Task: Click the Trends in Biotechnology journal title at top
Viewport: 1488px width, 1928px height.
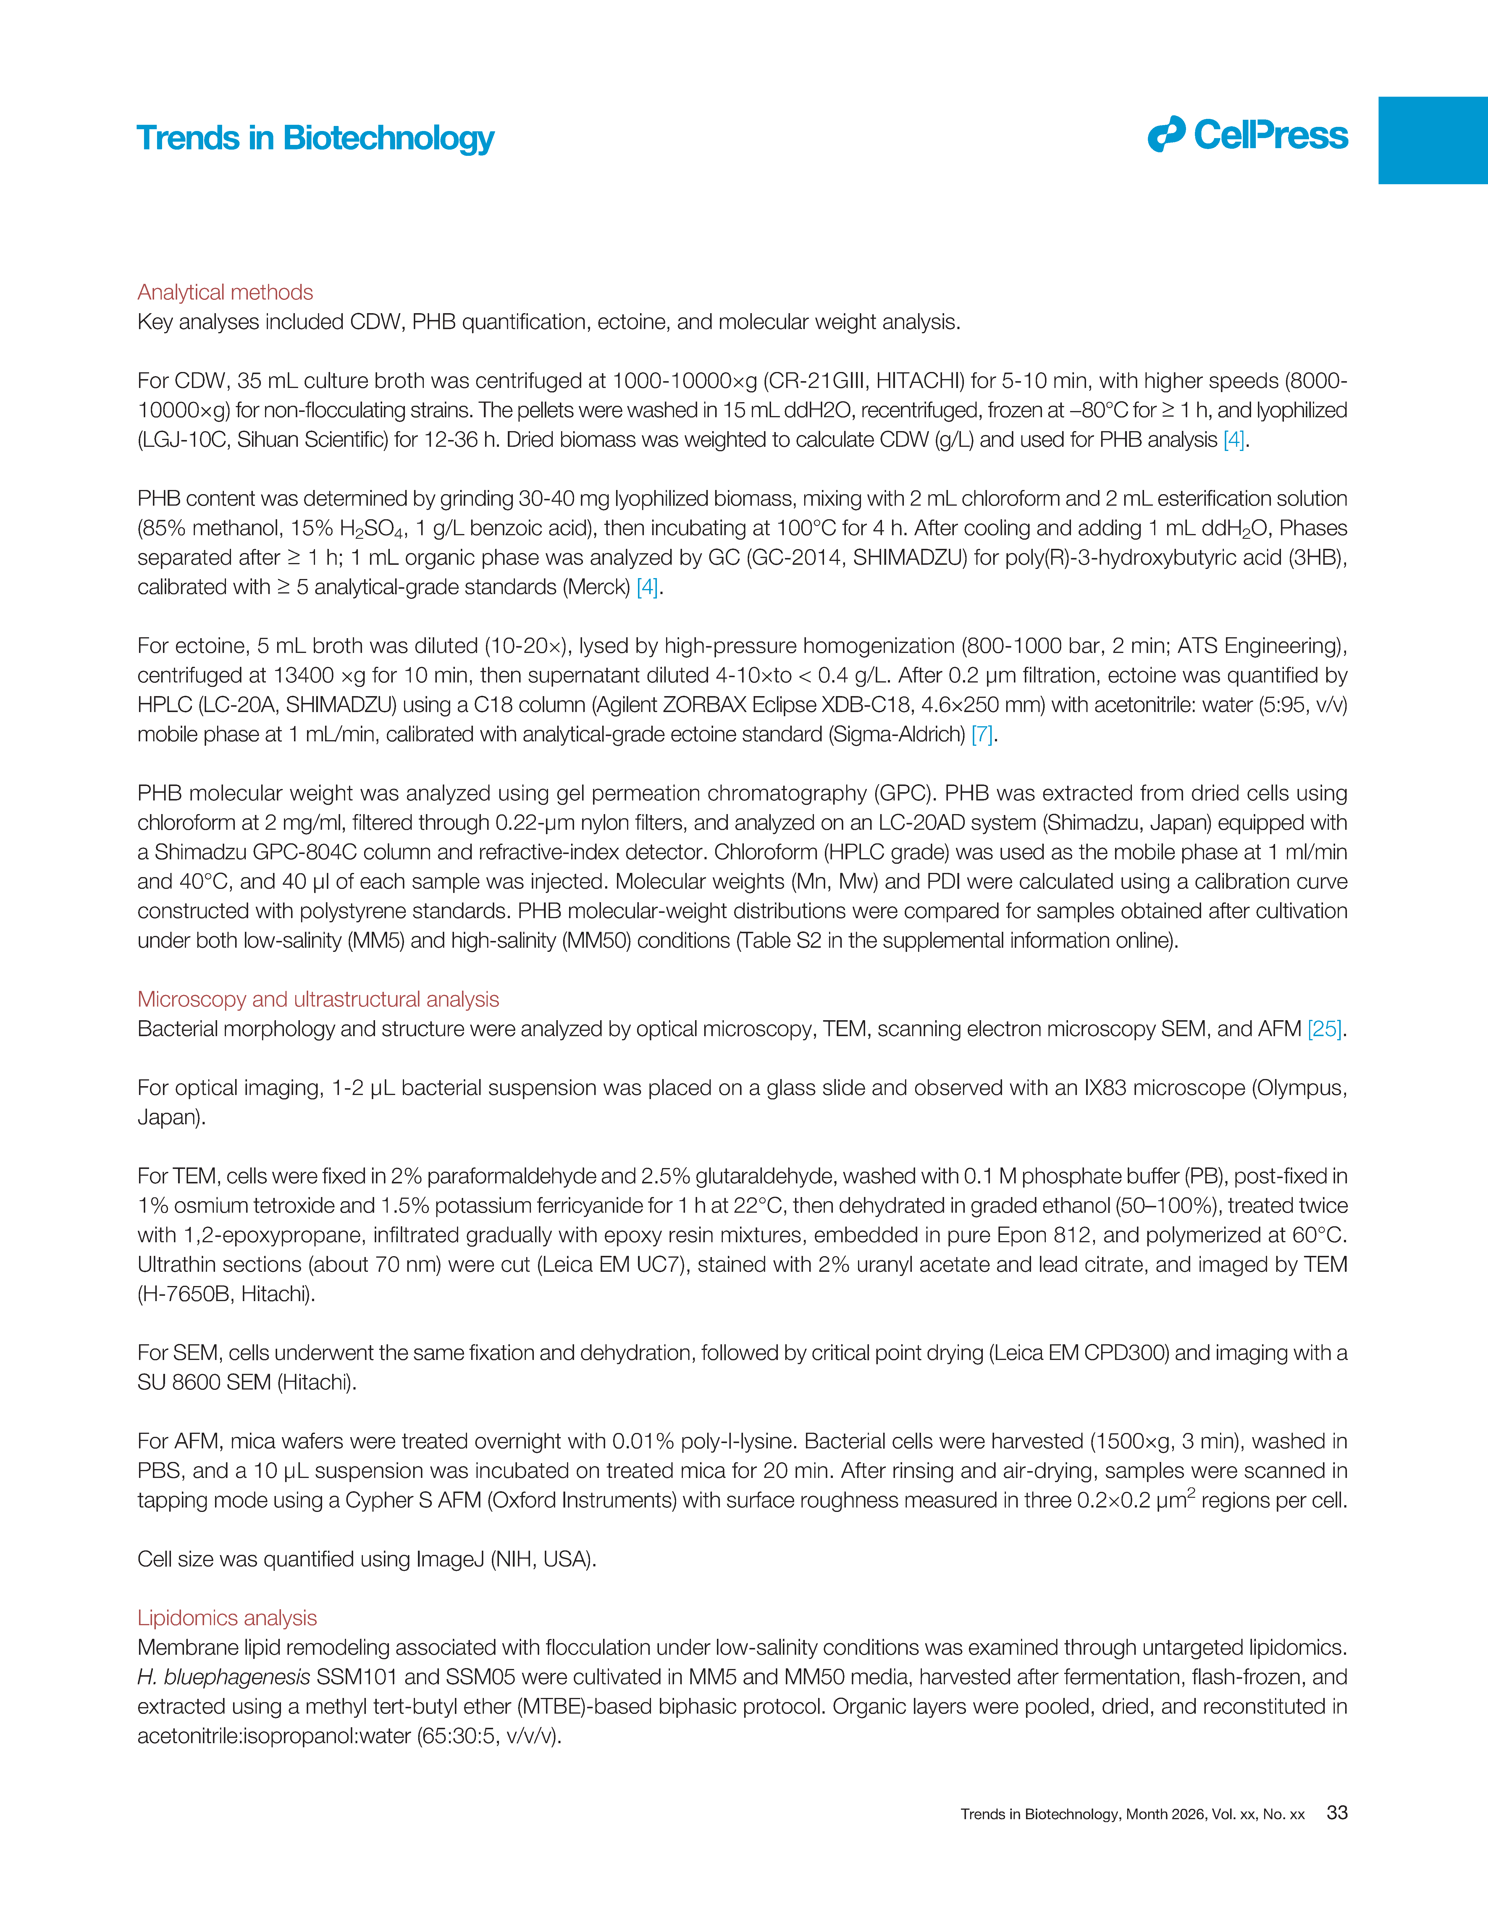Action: (315, 139)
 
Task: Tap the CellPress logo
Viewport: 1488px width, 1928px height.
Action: (1248, 135)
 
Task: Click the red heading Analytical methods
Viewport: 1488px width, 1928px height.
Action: (225, 292)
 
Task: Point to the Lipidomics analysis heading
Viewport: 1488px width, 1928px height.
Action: (227, 1617)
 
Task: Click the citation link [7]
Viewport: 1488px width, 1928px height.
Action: (982, 735)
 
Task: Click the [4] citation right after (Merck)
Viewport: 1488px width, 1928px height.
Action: (647, 587)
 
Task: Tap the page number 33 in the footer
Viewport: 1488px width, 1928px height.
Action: (1337, 1812)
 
